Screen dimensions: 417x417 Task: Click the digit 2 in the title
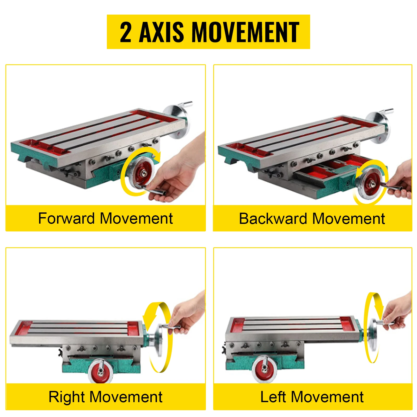[125, 32]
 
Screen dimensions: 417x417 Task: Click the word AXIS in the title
[161, 32]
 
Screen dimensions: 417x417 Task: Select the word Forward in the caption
[66, 218]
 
